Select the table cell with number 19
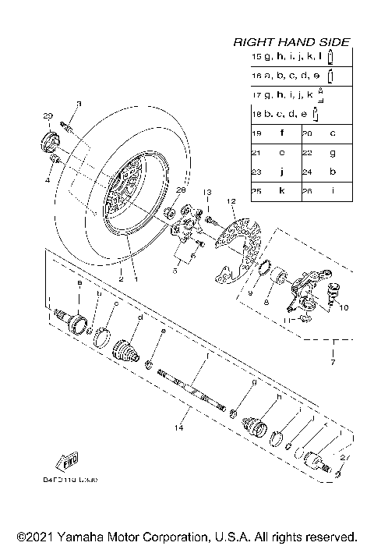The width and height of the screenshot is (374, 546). [255, 133]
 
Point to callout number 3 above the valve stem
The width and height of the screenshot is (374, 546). [79, 104]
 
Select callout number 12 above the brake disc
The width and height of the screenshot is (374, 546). [231, 202]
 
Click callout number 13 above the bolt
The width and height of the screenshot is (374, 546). [207, 192]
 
